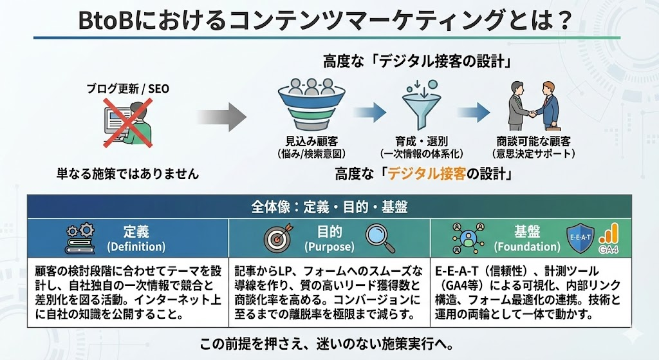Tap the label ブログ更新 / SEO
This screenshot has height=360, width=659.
tap(128, 89)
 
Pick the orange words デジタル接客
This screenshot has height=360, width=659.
tap(429, 174)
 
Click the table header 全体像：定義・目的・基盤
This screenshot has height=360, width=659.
tap(329, 207)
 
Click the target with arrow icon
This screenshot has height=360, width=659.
tap(277, 238)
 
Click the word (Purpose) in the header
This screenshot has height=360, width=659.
tap(329, 247)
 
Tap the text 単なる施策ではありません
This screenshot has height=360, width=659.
tap(127, 174)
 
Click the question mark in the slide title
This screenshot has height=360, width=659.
tap(562, 20)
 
